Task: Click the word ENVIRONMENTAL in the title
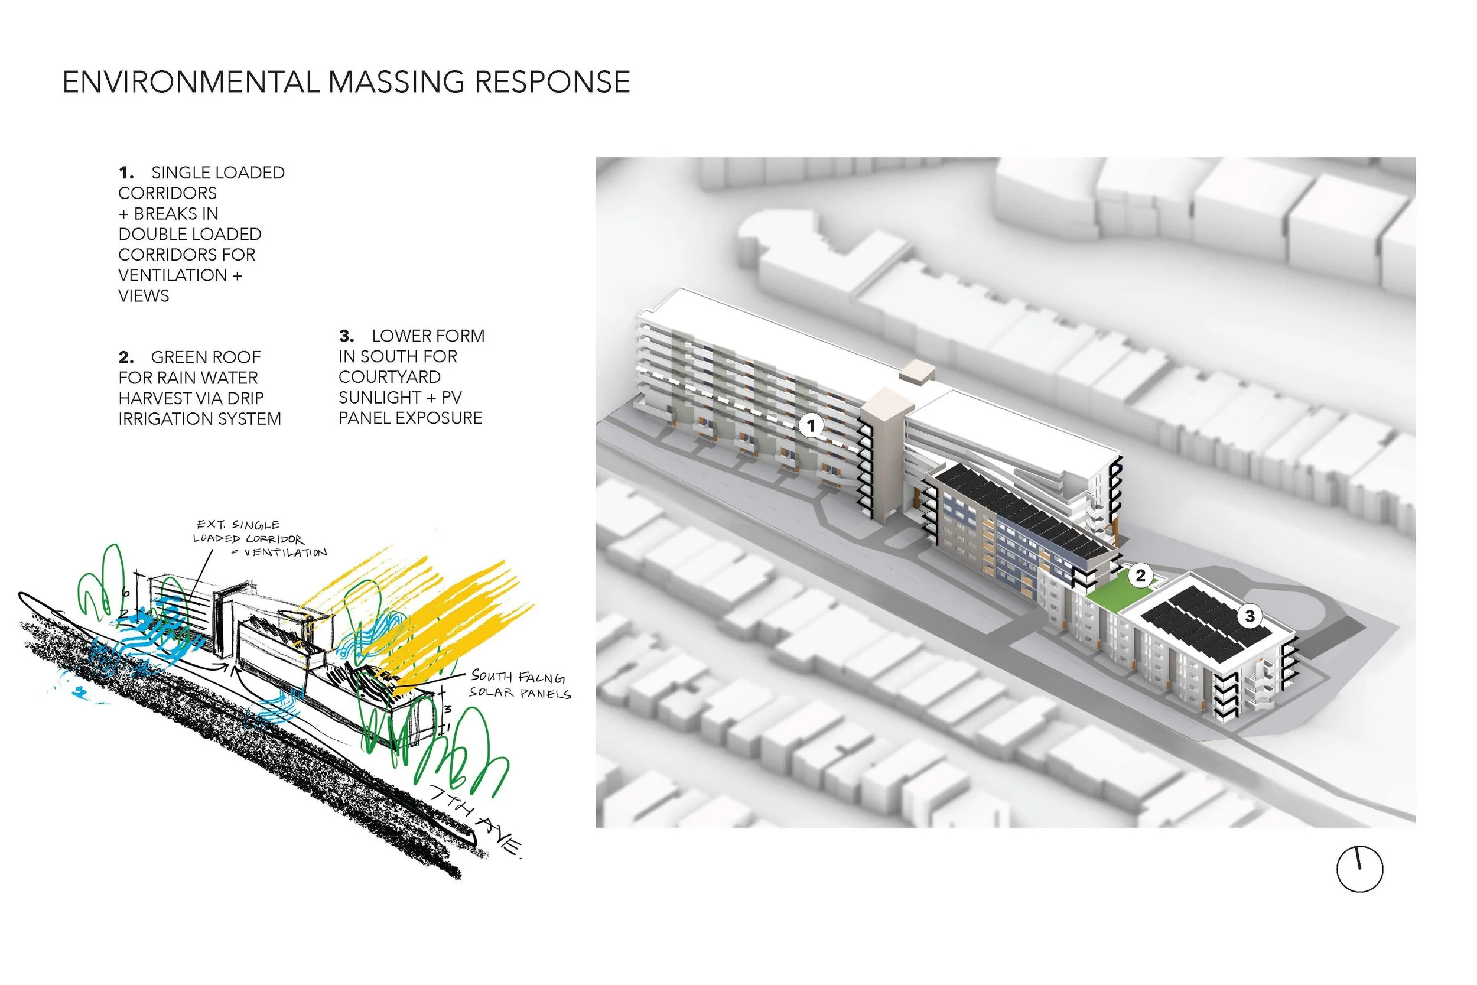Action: (191, 82)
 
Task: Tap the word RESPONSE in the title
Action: (552, 82)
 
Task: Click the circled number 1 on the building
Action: (810, 426)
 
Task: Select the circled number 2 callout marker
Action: (1140, 575)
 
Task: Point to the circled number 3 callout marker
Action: (1250, 616)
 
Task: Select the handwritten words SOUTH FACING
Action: (518, 677)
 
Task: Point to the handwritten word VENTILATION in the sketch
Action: (285, 552)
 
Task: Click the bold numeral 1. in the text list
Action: (126, 173)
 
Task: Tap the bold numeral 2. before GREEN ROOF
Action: (126, 357)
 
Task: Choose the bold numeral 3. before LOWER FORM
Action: (347, 336)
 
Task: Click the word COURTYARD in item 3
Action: (389, 377)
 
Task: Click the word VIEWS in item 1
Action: (144, 296)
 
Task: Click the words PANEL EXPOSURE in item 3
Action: (410, 418)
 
